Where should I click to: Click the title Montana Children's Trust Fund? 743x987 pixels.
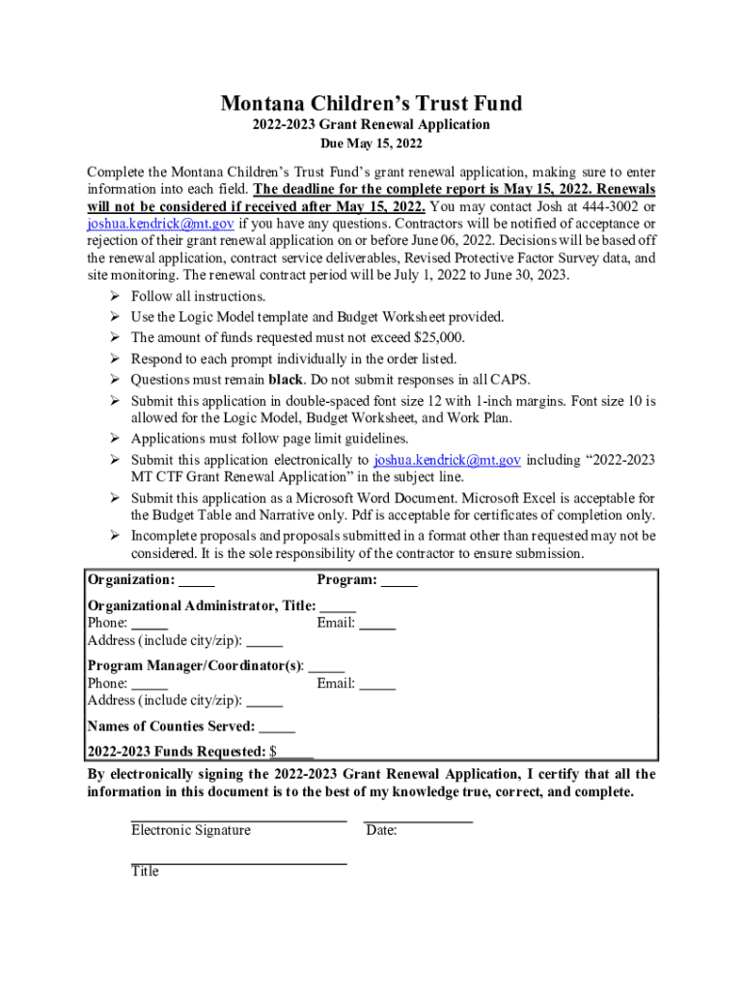[371, 103]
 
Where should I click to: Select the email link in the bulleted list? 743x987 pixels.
[447, 460]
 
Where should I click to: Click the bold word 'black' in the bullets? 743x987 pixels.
[286, 379]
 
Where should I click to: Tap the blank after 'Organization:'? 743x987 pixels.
[197, 580]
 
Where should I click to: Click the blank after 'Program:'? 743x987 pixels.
[399, 580]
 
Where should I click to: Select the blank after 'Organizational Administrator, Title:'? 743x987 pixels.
[338, 606]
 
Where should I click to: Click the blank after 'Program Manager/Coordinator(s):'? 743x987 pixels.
[327, 666]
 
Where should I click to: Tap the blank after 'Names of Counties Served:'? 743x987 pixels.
[277, 727]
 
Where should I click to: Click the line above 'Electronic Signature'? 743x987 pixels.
[238, 820]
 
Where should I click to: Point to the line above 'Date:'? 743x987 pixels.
[418, 820]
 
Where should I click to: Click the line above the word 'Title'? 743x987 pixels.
[238, 864]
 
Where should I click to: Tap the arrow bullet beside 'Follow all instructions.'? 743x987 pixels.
[114, 296]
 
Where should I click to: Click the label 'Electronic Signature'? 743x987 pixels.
[190, 830]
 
